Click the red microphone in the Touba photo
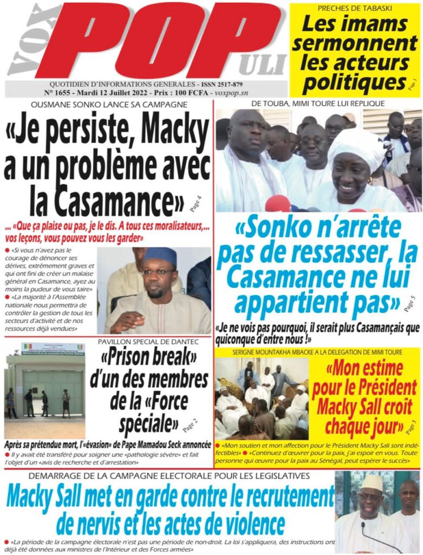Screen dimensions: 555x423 (277, 204)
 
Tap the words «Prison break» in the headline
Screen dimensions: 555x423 (148, 359)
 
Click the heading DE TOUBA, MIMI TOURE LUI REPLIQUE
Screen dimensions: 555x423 (318, 103)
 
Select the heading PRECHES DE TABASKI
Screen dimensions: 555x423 (356, 8)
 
